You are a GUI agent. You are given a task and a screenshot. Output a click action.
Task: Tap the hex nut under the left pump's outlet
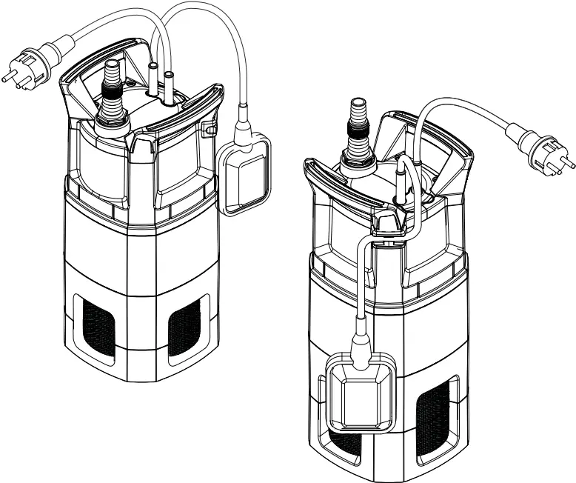point(113,119)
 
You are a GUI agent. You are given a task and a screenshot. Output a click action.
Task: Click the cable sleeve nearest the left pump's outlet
point(153,76)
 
